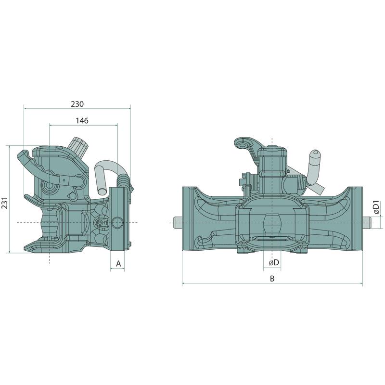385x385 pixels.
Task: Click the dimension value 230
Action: [77, 104]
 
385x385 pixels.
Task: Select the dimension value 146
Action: [82, 121]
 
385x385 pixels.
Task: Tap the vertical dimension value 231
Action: [5, 203]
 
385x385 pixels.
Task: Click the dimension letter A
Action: [118, 264]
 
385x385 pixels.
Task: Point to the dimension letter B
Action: [272, 279]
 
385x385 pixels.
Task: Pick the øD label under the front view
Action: [274, 262]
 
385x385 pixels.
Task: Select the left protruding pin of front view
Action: [178, 223]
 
